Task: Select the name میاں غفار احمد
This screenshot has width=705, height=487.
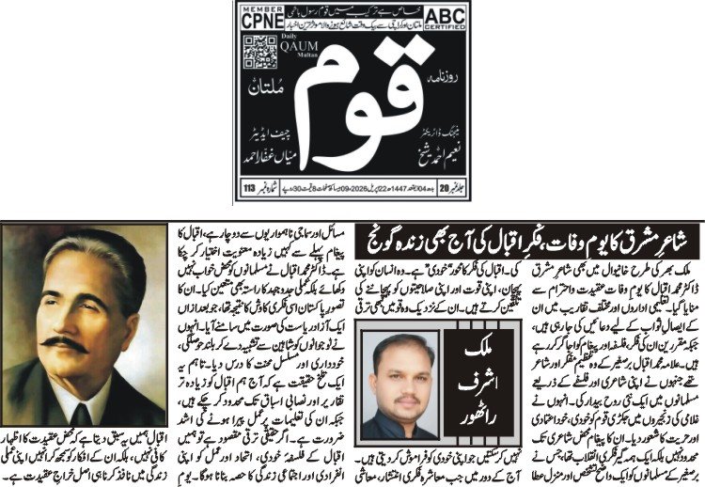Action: point(273,157)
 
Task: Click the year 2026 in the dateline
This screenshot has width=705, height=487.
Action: point(360,187)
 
